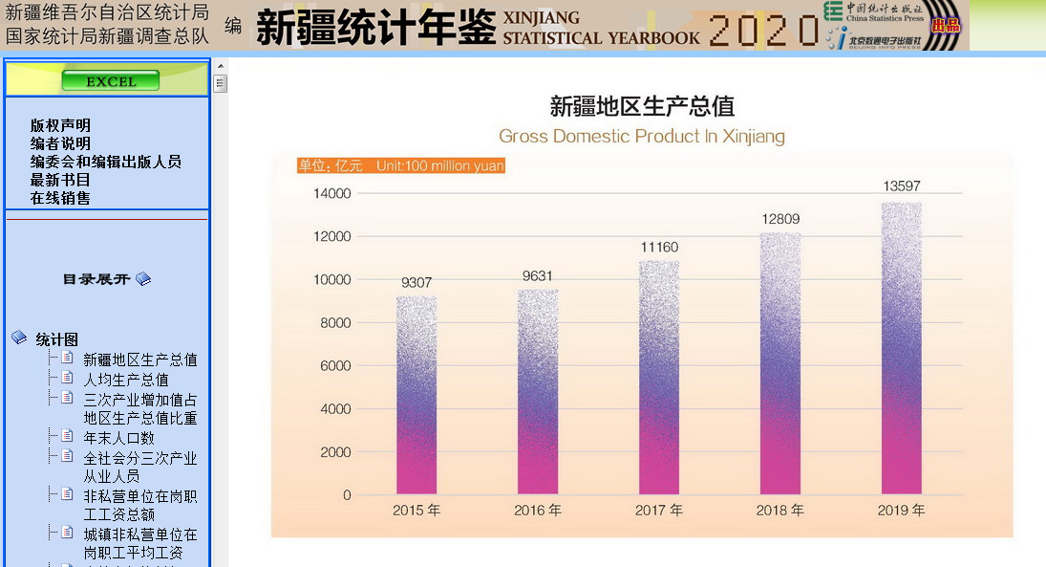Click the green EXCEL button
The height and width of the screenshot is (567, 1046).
point(110,81)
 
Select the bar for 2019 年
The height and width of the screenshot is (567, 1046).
point(901,349)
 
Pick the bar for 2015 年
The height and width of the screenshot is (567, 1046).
point(416,395)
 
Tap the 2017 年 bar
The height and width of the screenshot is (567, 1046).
point(658,378)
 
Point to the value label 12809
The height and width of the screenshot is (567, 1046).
point(780,219)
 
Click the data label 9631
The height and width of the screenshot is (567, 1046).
point(538,276)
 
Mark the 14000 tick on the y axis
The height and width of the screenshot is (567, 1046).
point(332,193)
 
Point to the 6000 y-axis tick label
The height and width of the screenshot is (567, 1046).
point(336,366)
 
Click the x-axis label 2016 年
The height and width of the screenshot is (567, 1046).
point(538,511)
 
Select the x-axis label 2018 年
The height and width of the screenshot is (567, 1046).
point(780,511)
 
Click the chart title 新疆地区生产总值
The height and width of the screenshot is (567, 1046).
point(642,106)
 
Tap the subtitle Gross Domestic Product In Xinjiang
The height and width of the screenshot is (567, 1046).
point(642,136)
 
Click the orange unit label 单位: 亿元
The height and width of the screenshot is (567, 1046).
point(331,165)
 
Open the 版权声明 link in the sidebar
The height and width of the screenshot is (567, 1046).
point(60,125)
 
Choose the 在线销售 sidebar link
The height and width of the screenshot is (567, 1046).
point(60,198)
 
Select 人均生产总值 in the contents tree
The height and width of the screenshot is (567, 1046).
point(126,380)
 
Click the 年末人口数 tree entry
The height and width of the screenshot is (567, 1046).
point(118,438)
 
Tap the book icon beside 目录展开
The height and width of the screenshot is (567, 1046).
point(143,279)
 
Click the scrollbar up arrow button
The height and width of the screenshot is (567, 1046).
point(220,66)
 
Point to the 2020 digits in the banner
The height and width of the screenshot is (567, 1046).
point(763,30)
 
